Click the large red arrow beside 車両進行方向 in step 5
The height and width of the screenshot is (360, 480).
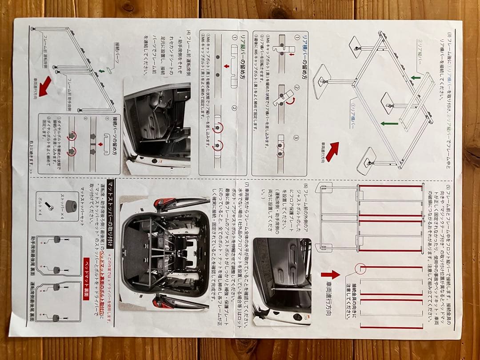(x=330, y=275)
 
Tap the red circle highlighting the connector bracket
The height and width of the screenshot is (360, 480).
(x=360, y=269)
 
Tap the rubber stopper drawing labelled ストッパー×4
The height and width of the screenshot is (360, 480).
(x=69, y=206)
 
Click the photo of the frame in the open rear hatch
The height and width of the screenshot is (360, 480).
(x=164, y=253)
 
